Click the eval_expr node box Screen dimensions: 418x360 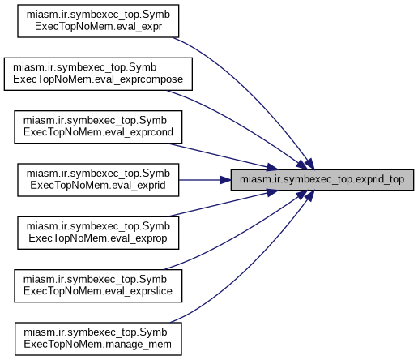click(98, 21)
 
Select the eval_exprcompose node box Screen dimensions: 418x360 click(98, 74)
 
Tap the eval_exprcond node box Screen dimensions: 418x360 click(98, 126)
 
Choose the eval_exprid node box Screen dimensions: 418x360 click(98, 180)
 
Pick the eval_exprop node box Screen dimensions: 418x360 click(98, 233)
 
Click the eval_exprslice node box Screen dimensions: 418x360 click(98, 285)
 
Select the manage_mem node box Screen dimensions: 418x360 click(98, 339)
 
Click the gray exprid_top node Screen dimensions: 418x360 click(322, 180)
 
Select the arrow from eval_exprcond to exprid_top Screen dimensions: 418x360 click(221, 156)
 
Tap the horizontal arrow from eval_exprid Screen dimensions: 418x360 click(205, 180)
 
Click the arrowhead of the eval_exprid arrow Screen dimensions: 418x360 click(225, 180)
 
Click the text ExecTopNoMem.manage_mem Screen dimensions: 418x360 click(97, 345)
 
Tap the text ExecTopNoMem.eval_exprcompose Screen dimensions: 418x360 click(98, 79)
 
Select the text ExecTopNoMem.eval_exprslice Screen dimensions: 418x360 click(98, 291)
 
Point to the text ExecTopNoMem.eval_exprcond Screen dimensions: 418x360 click(98, 132)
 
